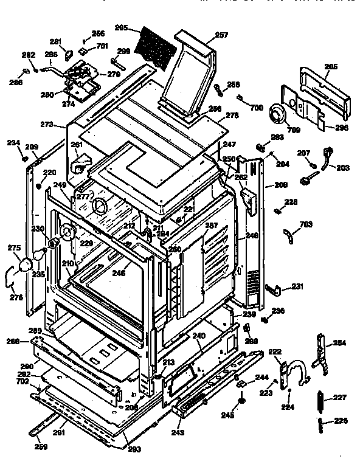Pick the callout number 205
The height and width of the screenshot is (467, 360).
point(331,67)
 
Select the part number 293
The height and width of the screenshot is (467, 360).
point(134,449)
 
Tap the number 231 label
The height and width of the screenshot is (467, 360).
point(297,286)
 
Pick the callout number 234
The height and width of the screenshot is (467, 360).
point(13,142)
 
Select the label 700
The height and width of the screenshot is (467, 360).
point(256,108)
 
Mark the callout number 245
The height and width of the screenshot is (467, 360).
point(243,416)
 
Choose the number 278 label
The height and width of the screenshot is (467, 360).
point(232,115)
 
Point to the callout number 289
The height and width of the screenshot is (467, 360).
point(35,330)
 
